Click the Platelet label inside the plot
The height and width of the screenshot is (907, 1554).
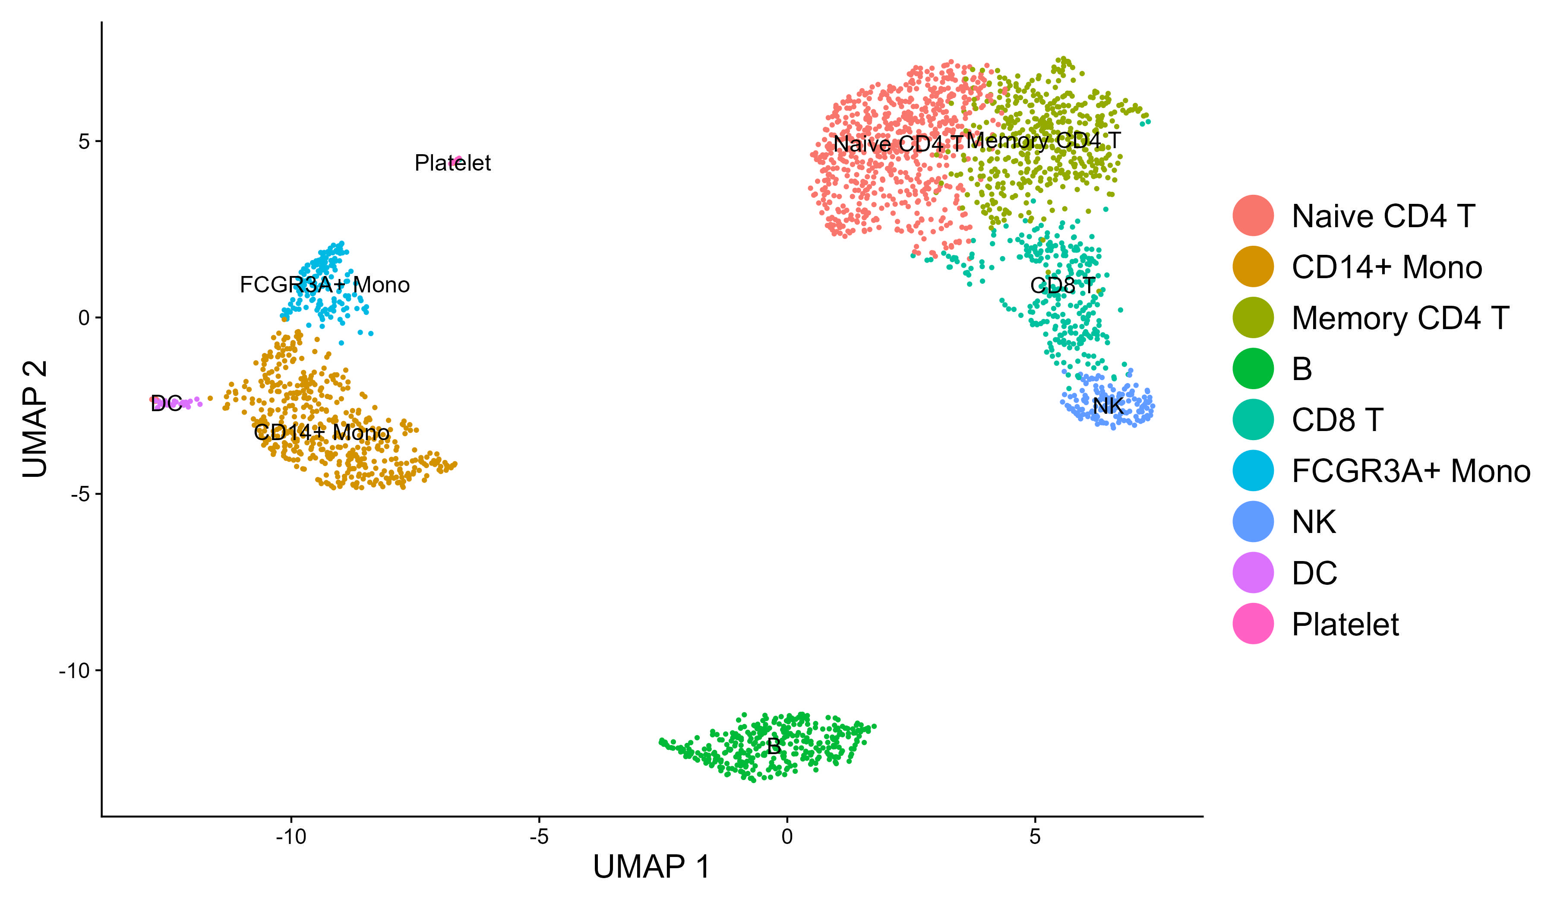pyautogui.click(x=453, y=163)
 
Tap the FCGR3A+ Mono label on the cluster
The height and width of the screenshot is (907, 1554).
pyautogui.click(x=324, y=285)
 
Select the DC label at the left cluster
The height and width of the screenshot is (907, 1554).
pyautogui.click(x=166, y=403)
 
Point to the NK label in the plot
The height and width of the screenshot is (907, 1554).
pyautogui.click(x=1108, y=406)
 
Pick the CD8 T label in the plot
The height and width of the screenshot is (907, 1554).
pyautogui.click(x=1062, y=285)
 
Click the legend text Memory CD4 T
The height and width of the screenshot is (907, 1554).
pyautogui.click(x=1400, y=318)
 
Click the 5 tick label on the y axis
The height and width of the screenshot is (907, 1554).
pyautogui.click(x=84, y=141)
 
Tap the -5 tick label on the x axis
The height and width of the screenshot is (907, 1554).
pyautogui.click(x=539, y=837)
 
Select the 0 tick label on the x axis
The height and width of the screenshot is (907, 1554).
pyautogui.click(x=787, y=837)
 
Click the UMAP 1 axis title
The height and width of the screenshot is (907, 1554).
pyautogui.click(x=651, y=867)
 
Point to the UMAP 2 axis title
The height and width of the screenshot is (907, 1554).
pyautogui.click(x=35, y=419)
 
